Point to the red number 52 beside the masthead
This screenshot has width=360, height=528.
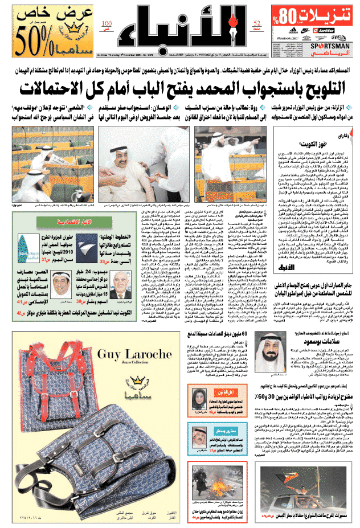(x=257, y=23)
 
